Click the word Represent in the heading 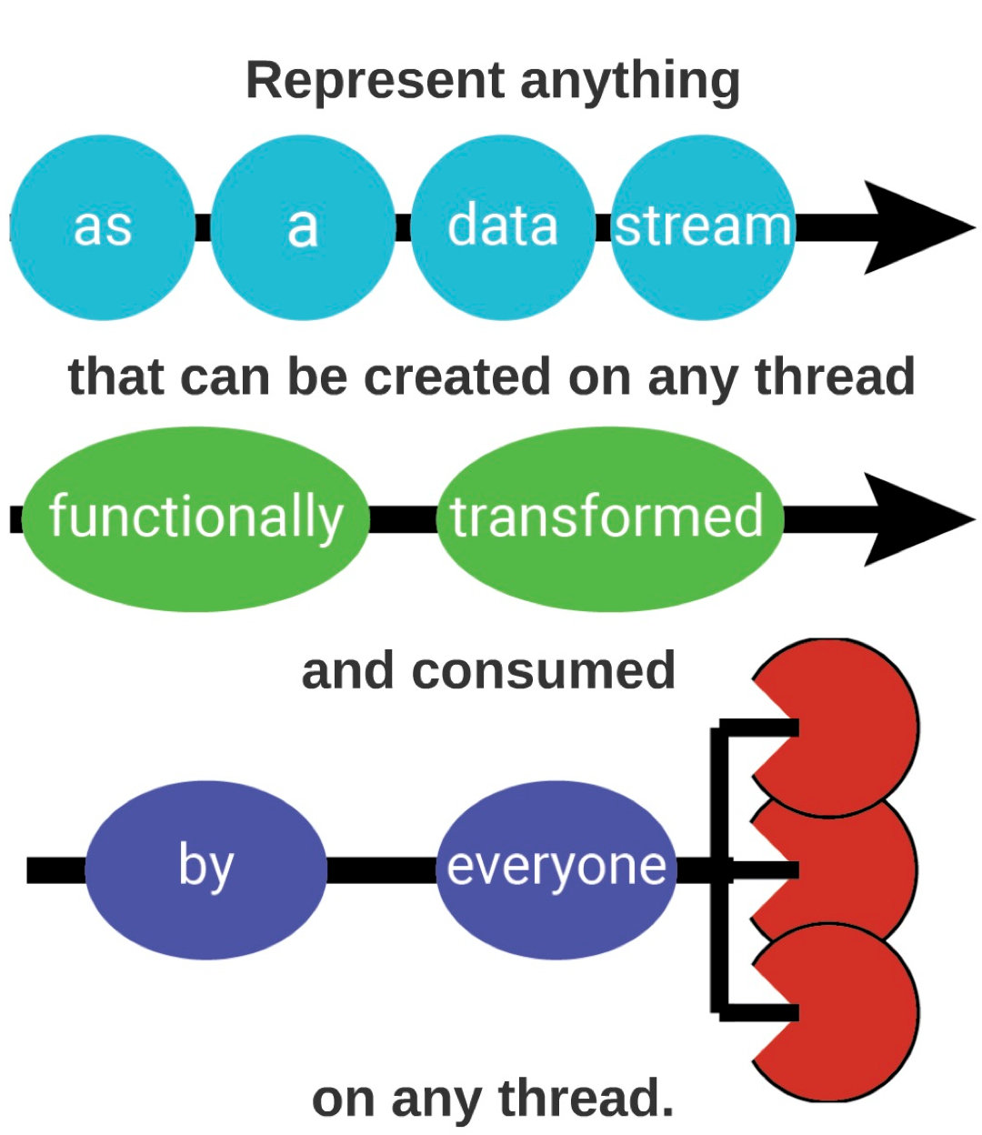tap(375, 81)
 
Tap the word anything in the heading tap(629, 84)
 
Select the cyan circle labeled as tap(103, 227)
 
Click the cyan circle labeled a tap(303, 227)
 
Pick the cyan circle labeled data tap(503, 227)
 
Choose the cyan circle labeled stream tap(703, 227)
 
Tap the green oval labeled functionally tap(196, 519)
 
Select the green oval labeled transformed tap(610, 519)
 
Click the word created tap(456, 377)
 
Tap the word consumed tap(544, 670)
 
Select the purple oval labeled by tap(205, 870)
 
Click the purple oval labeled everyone tap(556, 870)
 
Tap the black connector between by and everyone tap(382, 870)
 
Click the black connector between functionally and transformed tap(404, 519)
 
